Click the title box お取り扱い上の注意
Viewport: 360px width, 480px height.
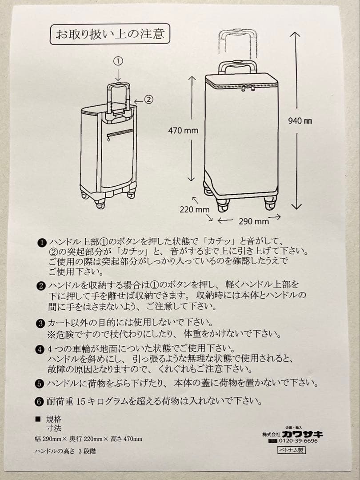[x=109, y=34]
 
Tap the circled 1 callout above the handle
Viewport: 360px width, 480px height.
[x=118, y=61]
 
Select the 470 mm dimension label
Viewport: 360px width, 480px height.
[x=183, y=131]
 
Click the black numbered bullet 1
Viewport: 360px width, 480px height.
[x=41, y=243]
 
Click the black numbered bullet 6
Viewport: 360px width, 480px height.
[x=40, y=401]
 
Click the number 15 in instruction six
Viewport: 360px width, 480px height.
[x=80, y=401]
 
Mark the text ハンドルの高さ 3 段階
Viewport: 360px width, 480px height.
[x=65, y=450]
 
